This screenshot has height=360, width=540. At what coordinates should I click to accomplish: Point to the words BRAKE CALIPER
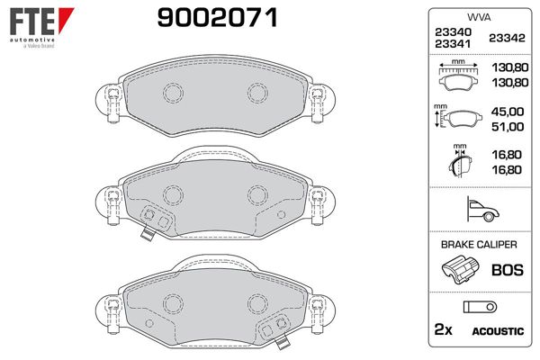tap(477, 245)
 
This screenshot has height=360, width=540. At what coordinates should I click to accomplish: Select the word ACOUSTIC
tap(497, 331)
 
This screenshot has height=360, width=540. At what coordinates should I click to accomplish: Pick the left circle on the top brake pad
tap(172, 94)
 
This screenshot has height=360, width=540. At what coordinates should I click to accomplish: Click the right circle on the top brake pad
tap(256, 94)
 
